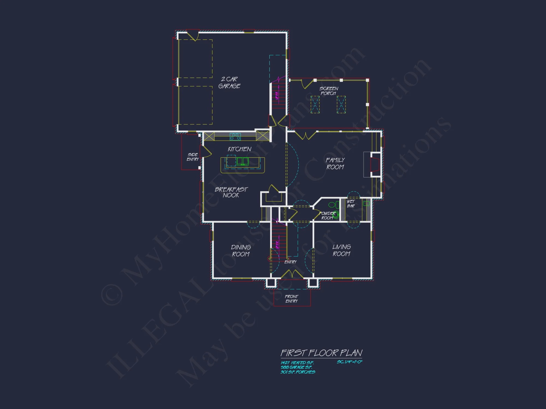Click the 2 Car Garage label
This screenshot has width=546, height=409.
[x=229, y=83]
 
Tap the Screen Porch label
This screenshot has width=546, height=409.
[x=329, y=91]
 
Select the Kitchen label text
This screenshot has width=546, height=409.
[x=239, y=149]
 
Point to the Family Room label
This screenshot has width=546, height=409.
[x=335, y=164]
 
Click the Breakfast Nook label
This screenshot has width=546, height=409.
[x=231, y=192]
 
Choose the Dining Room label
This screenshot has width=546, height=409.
[x=241, y=251]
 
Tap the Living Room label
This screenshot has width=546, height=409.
[x=342, y=250]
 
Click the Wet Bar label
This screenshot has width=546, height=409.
[x=351, y=204]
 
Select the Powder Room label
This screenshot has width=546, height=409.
[x=327, y=216]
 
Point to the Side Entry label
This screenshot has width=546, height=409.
[x=193, y=157]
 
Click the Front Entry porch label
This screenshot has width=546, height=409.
[x=292, y=299]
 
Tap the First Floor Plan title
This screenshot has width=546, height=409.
[x=322, y=353]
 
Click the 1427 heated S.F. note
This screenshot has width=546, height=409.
[x=297, y=363]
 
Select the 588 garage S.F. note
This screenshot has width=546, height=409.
[x=296, y=368]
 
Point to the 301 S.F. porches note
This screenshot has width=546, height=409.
[x=298, y=372]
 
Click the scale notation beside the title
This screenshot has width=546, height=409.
[x=349, y=362]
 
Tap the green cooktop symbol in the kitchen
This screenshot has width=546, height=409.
[x=235, y=137]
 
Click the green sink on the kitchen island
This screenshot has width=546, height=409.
[x=242, y=161]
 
